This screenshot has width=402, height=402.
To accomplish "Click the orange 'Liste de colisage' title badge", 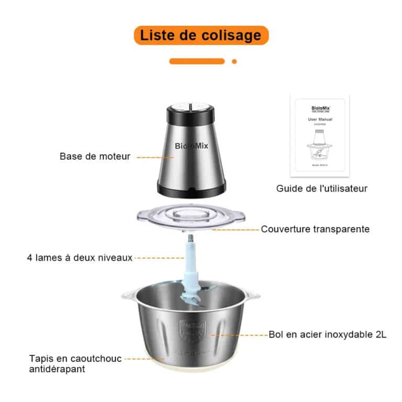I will [201, 35].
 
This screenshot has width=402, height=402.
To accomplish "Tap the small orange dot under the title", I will [234, 61].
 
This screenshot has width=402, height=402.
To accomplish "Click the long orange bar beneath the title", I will [197, 61].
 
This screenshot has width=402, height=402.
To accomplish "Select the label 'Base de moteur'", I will [95, 156].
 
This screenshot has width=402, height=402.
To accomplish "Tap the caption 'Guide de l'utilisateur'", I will [322, 188].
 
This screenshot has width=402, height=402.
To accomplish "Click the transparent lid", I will [191, 219].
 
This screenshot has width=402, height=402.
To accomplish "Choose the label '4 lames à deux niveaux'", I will [80, 258].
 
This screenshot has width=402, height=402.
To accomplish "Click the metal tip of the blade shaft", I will [191, 239].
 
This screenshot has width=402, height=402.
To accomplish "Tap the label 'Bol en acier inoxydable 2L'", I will [328, 334].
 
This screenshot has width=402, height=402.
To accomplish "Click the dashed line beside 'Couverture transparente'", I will [238, 229].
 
